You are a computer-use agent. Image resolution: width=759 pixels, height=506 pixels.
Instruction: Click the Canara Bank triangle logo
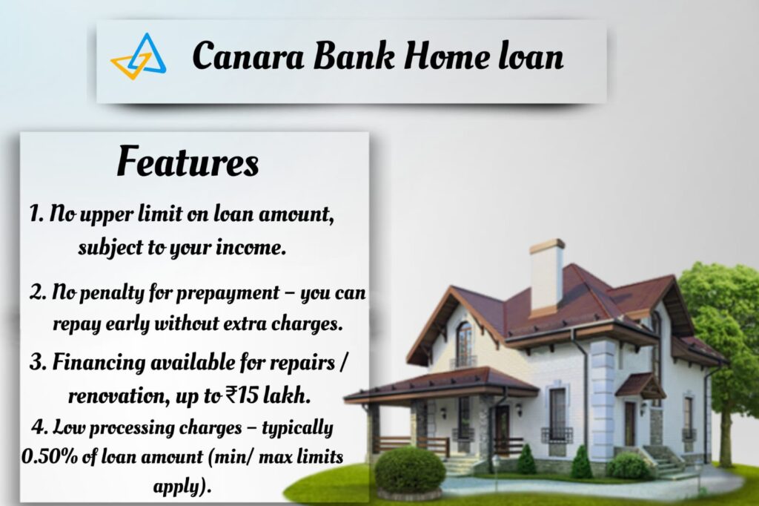(139, 57)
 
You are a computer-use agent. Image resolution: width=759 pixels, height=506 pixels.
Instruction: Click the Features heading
(188, 162)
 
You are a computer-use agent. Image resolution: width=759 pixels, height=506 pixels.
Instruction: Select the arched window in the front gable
(464, 344)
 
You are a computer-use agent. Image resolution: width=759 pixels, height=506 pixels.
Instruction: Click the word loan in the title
(530, 57)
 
